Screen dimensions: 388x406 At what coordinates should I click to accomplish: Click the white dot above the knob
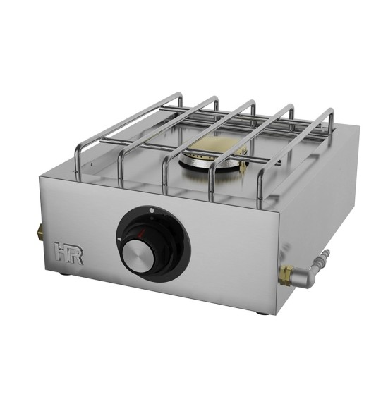(152, 210)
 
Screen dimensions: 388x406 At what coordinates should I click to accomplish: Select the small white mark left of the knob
(119, 240)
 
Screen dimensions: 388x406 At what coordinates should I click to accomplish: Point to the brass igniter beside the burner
(243, 166)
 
